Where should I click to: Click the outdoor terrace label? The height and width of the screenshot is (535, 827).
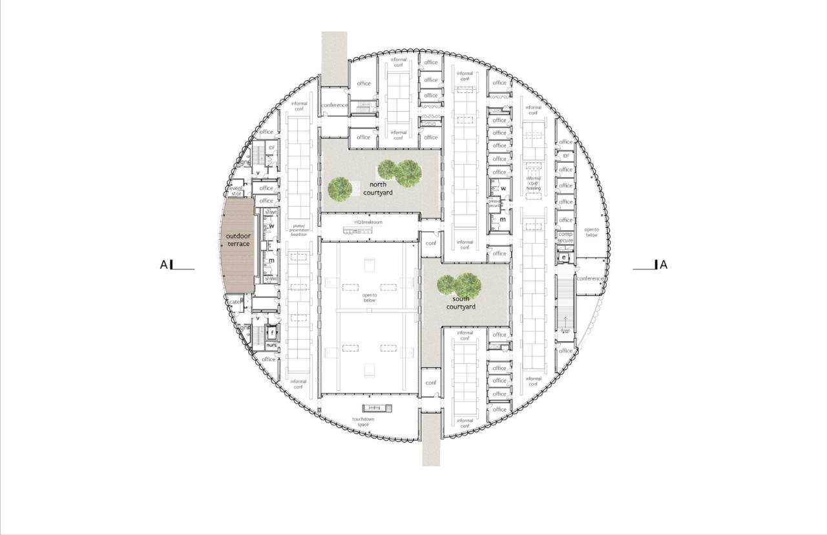coord(238,240)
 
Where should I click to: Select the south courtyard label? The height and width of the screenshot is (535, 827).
coord(464,303)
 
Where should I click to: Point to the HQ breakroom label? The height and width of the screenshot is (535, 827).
coord(368,222)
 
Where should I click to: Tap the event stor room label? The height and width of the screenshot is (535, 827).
coord(236,191)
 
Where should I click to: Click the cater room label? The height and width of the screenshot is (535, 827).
coord(235,302)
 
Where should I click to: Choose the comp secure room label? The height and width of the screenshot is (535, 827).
coord(565,237)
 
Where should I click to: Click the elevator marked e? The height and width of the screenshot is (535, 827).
coord(564,257)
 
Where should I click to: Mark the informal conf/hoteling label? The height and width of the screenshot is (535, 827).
coord(533,183)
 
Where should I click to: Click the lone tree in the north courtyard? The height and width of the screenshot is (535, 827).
coord(339,189)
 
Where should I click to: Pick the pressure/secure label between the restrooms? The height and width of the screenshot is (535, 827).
coord(496,203)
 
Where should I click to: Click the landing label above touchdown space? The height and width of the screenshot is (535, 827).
coord(374,408)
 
